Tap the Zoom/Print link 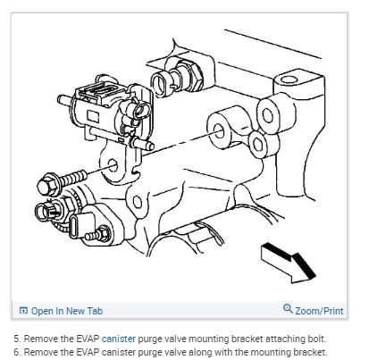tap(319, 311)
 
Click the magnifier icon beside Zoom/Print tap(288, 308)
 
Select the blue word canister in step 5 tap(119, 339)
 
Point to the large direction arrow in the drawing tap(288, 263)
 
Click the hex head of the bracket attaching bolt tap(48, 185)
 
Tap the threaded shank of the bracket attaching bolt tap(73, 178)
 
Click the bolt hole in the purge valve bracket tap(113, 165)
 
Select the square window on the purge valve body tap(93, 115)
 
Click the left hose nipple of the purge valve tap(65, 100)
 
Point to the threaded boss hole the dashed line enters tap(220, 130)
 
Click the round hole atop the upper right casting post tap(289, 79)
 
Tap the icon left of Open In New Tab tap(23, 311)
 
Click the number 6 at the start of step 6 tap(17, 352)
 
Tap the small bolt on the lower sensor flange tap(98, 234)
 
